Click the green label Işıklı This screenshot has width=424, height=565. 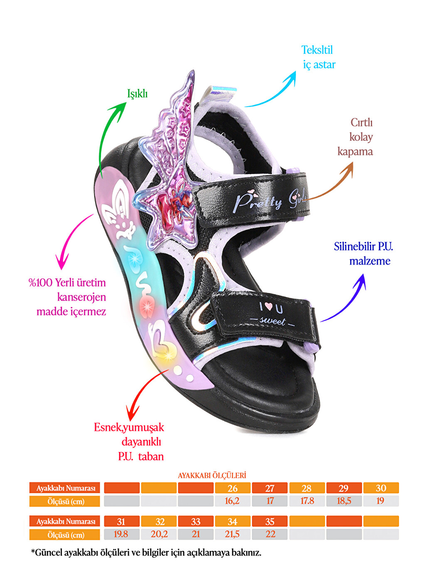tap(137, 94)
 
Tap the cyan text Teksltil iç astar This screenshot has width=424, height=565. tap(318, 57)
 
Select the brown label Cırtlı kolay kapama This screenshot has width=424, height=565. tap(355, 137)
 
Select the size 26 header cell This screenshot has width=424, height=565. tap(232, 488)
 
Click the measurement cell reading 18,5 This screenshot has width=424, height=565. tap(344, 501)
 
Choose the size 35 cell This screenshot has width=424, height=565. tap(269, 521)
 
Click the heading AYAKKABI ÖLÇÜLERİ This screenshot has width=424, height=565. tap(212, 475)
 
